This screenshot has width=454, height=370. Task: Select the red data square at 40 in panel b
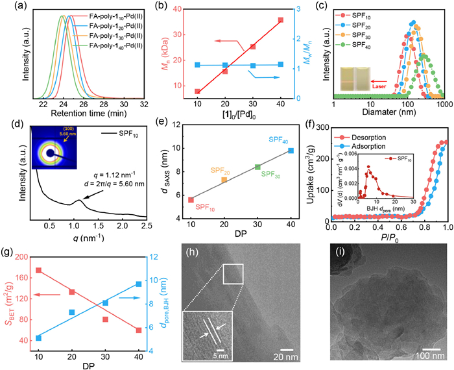pos(281,20)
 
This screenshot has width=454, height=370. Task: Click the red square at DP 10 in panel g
pos(38,270)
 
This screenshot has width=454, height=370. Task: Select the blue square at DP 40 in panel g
pos(138,284)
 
